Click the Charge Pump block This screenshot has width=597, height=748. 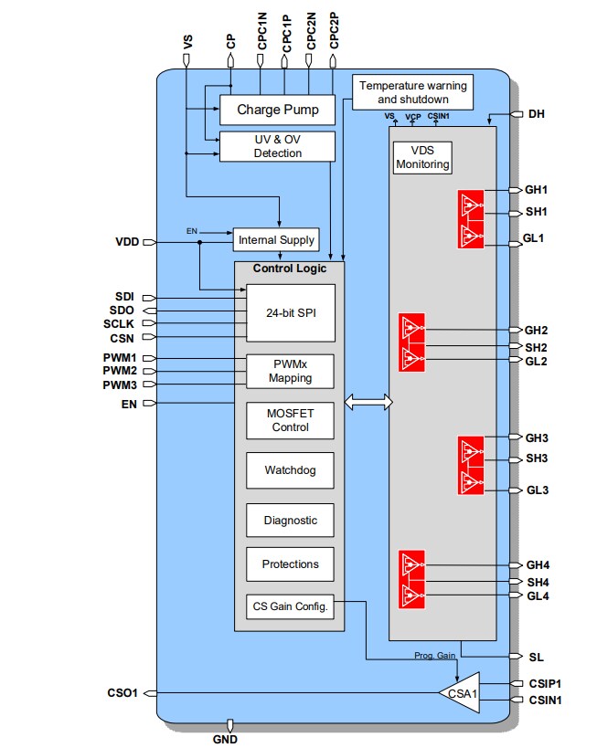coord(278,110)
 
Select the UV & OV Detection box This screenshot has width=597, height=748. coord(278,146)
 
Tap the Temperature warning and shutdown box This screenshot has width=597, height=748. coord(412,91)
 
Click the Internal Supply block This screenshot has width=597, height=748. coord(276,240)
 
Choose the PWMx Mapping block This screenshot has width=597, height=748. coord(291,371)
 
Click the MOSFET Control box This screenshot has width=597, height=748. coord(291,420)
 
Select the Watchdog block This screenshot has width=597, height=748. coord(291,470)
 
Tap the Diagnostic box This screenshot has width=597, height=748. coord(291,520)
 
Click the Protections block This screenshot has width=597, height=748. coord(291,564)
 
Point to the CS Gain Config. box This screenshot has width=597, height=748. coord(291,605)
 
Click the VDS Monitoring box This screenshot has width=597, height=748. coord(422,158)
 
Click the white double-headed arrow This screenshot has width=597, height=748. coord(368,402)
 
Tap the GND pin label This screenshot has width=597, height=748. coord(225,739)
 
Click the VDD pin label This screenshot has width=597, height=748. coord(128,242)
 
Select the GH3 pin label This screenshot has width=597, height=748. coord(537,437)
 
